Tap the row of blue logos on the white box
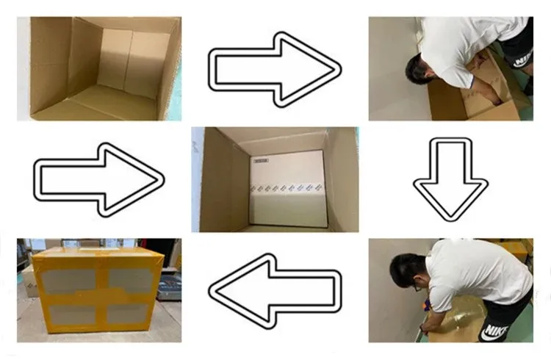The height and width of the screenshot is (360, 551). (x=288, y=188)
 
